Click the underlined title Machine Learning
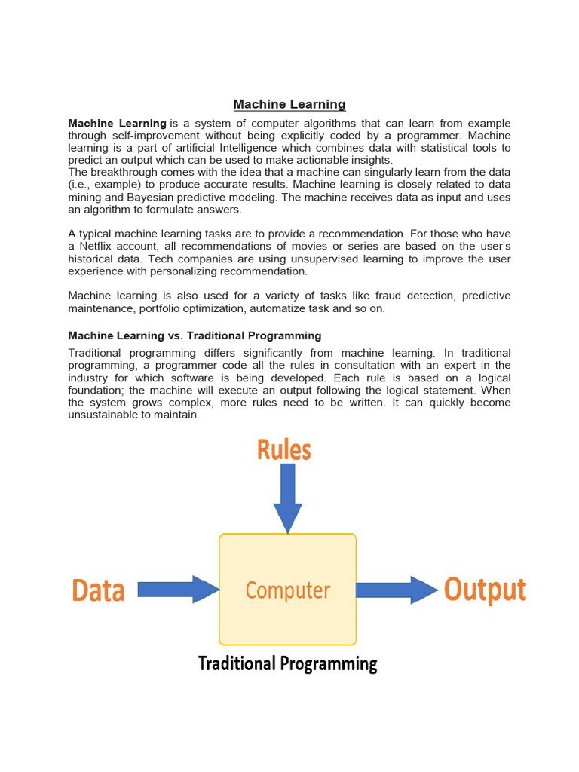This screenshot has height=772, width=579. [289, 105]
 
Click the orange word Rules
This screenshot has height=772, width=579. [284, 450]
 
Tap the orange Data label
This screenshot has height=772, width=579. [98, 590]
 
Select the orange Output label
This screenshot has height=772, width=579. [485, 589]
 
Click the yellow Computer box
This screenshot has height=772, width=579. [287, 590]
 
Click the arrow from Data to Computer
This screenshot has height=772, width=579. [178, 589]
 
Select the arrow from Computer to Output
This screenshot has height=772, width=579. [397, 589]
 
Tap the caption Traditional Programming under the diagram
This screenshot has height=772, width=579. [287, 664]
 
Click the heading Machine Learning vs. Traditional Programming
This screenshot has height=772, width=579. [195, 335]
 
